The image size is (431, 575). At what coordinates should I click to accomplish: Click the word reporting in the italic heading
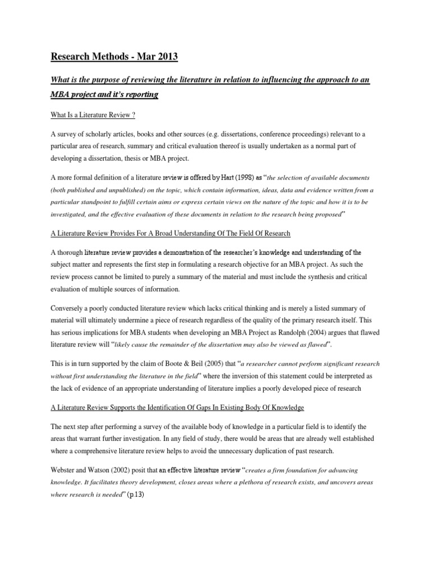(x=139, y=94)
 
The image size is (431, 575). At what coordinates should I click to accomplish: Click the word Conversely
(x=69, y=308)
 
